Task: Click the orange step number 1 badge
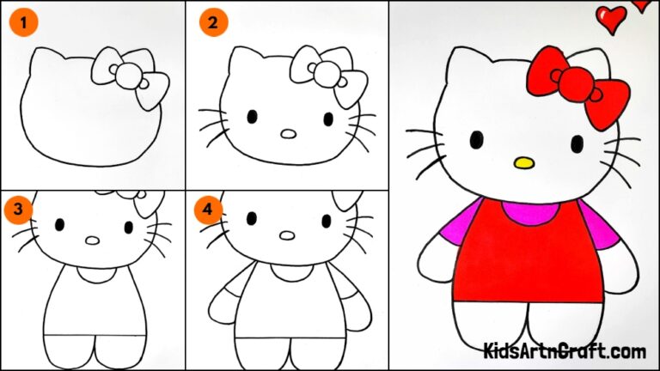(24, 23)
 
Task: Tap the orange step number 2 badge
(211, 23)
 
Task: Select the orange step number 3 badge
(18, 209)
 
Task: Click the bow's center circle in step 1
(129, 77)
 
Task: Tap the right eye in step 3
(129, 228)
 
